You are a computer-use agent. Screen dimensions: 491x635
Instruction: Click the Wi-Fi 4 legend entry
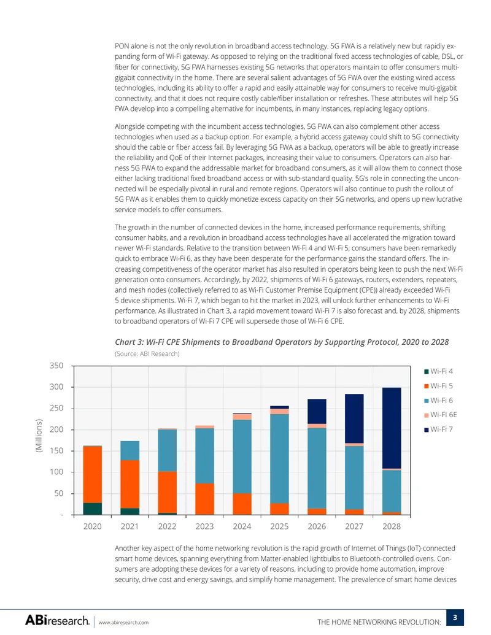click(438, 371)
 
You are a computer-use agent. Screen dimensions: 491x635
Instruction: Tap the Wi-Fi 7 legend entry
click(438, 429)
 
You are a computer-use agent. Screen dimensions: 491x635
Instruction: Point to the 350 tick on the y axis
click(56, 366)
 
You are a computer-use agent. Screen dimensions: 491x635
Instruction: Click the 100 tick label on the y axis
click(56, 472)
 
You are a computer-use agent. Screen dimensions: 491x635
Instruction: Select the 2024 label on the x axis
click(242, 526)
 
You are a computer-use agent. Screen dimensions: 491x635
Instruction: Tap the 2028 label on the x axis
click(392, 526)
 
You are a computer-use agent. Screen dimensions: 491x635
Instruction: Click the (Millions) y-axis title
click(39, 436)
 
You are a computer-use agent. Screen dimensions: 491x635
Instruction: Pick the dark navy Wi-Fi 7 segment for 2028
click(392, 428)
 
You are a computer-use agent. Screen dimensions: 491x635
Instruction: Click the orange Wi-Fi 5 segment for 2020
click(92, 475)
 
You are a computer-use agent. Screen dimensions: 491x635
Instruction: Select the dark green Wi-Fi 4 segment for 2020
click(92, 509)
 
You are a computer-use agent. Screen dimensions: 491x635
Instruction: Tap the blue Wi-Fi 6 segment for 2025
click(279, 459)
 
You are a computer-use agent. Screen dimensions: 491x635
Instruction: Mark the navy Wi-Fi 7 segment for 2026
click(317, 412)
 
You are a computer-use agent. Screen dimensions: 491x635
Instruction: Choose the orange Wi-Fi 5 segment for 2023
click(204, 499)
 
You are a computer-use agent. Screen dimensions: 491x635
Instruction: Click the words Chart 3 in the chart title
click(129, 342)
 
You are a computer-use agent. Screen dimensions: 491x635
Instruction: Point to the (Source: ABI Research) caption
click(147, 353)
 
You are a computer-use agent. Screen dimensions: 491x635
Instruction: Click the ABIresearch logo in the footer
click(57, 620)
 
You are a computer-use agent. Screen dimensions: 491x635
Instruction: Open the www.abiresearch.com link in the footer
click(123, 623)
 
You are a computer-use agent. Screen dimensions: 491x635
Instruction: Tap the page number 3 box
click(455, 618)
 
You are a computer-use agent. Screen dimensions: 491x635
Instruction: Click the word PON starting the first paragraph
click(122, 46)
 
